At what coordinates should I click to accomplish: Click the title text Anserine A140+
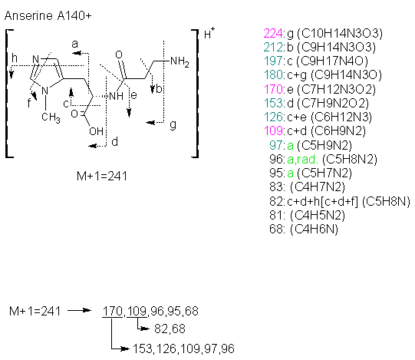click(x=48, y=16)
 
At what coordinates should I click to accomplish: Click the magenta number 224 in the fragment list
click(x=273, y=34)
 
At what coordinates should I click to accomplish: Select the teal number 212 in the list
click(x=273, y=48)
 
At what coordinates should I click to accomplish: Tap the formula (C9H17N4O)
click(x=332, y=61)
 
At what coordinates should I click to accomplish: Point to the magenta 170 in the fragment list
click(x=273, y=89)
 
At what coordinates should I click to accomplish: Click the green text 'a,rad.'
click(x=302, y=159)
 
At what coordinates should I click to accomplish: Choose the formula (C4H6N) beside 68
click(x=315, y=230)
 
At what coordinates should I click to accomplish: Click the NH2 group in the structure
click(x=180, y=61)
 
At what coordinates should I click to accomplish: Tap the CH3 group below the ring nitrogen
click(x=51, y=117)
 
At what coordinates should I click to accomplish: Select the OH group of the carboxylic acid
click(x=97, y=131)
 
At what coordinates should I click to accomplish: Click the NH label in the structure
click(x=116, y=96)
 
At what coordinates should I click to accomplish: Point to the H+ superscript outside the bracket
click(x=209, y=33)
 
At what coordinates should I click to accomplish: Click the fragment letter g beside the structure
click(x=173, y=124)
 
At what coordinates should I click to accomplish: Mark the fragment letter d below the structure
click(x=114, y=142)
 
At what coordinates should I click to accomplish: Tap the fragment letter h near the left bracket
click(x=15, y=58)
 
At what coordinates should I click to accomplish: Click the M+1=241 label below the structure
click(x=102, y=176)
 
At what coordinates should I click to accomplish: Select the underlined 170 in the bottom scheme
click(x=112, y=311)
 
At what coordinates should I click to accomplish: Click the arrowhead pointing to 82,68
click(x=145, y=329)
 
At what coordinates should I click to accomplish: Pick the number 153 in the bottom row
click(x=143, y=349)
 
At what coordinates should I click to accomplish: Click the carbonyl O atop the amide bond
click(x=119, y=54)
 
